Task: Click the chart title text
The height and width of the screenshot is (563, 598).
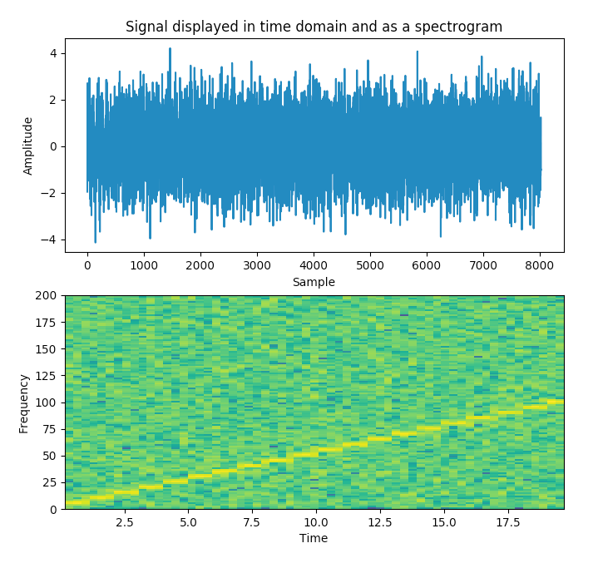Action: pyautogui.click(x=314, y=27)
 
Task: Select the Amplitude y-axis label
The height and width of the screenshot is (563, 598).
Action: pyautogui.click(x=28, y=146)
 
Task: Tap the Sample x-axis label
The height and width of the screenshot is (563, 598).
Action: pyautogui.click(x=314, y=282)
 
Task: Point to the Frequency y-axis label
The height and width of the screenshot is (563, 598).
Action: pyautogui.click(x=24, y=402)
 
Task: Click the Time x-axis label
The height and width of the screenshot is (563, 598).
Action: pyautogui.click(x=314, y=538)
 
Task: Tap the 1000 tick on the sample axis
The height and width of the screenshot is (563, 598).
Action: pyautogui.click(x=144, y=265)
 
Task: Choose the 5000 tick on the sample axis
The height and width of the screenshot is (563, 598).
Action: pyautogui.click(x=370, y=265)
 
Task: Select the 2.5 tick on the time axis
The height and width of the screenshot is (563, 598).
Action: pyautogui.click(x=124, y=521)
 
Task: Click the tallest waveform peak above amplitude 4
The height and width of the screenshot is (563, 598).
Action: pyautogui.click(x=170, y=49)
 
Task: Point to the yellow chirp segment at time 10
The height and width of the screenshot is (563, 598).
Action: pyautogui.click(x=306, y=454)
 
